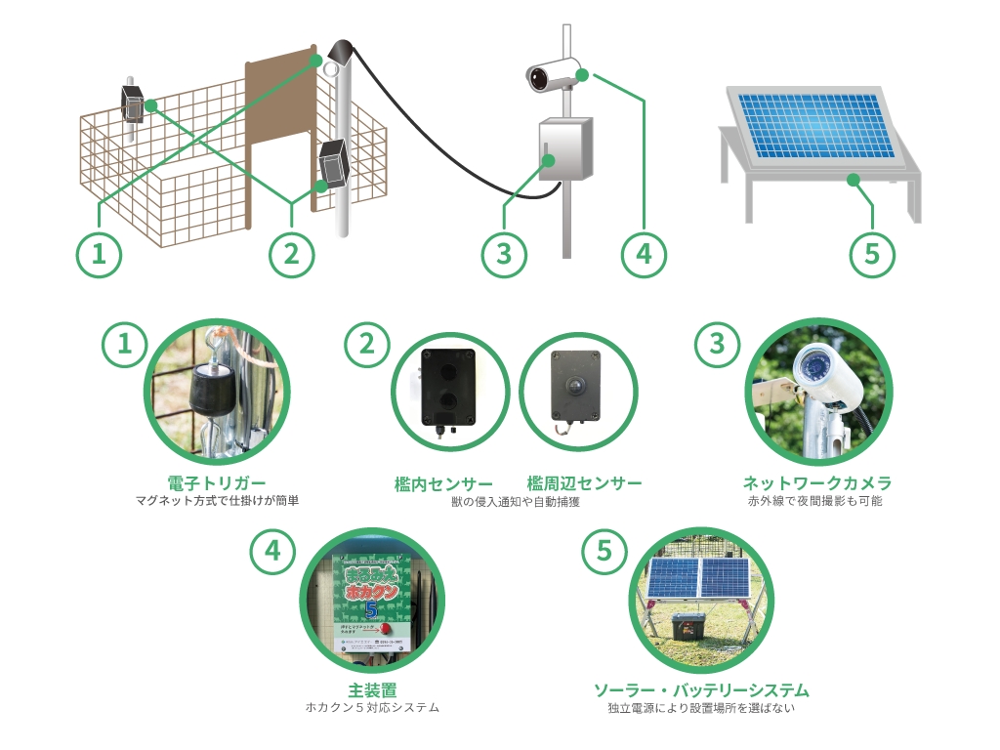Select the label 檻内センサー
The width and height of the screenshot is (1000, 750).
443,483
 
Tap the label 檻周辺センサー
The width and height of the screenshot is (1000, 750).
584,483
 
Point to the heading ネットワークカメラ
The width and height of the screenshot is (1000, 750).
817,483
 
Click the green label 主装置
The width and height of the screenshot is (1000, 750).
372,690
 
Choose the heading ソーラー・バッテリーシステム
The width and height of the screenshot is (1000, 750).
701,690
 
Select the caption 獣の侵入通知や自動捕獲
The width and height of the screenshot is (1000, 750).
515,501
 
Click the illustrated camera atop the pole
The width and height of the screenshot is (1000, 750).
552,74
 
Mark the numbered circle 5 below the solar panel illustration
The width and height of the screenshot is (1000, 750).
872,253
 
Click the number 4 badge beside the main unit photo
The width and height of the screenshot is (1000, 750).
272,551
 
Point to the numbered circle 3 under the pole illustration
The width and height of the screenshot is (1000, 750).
504,253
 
